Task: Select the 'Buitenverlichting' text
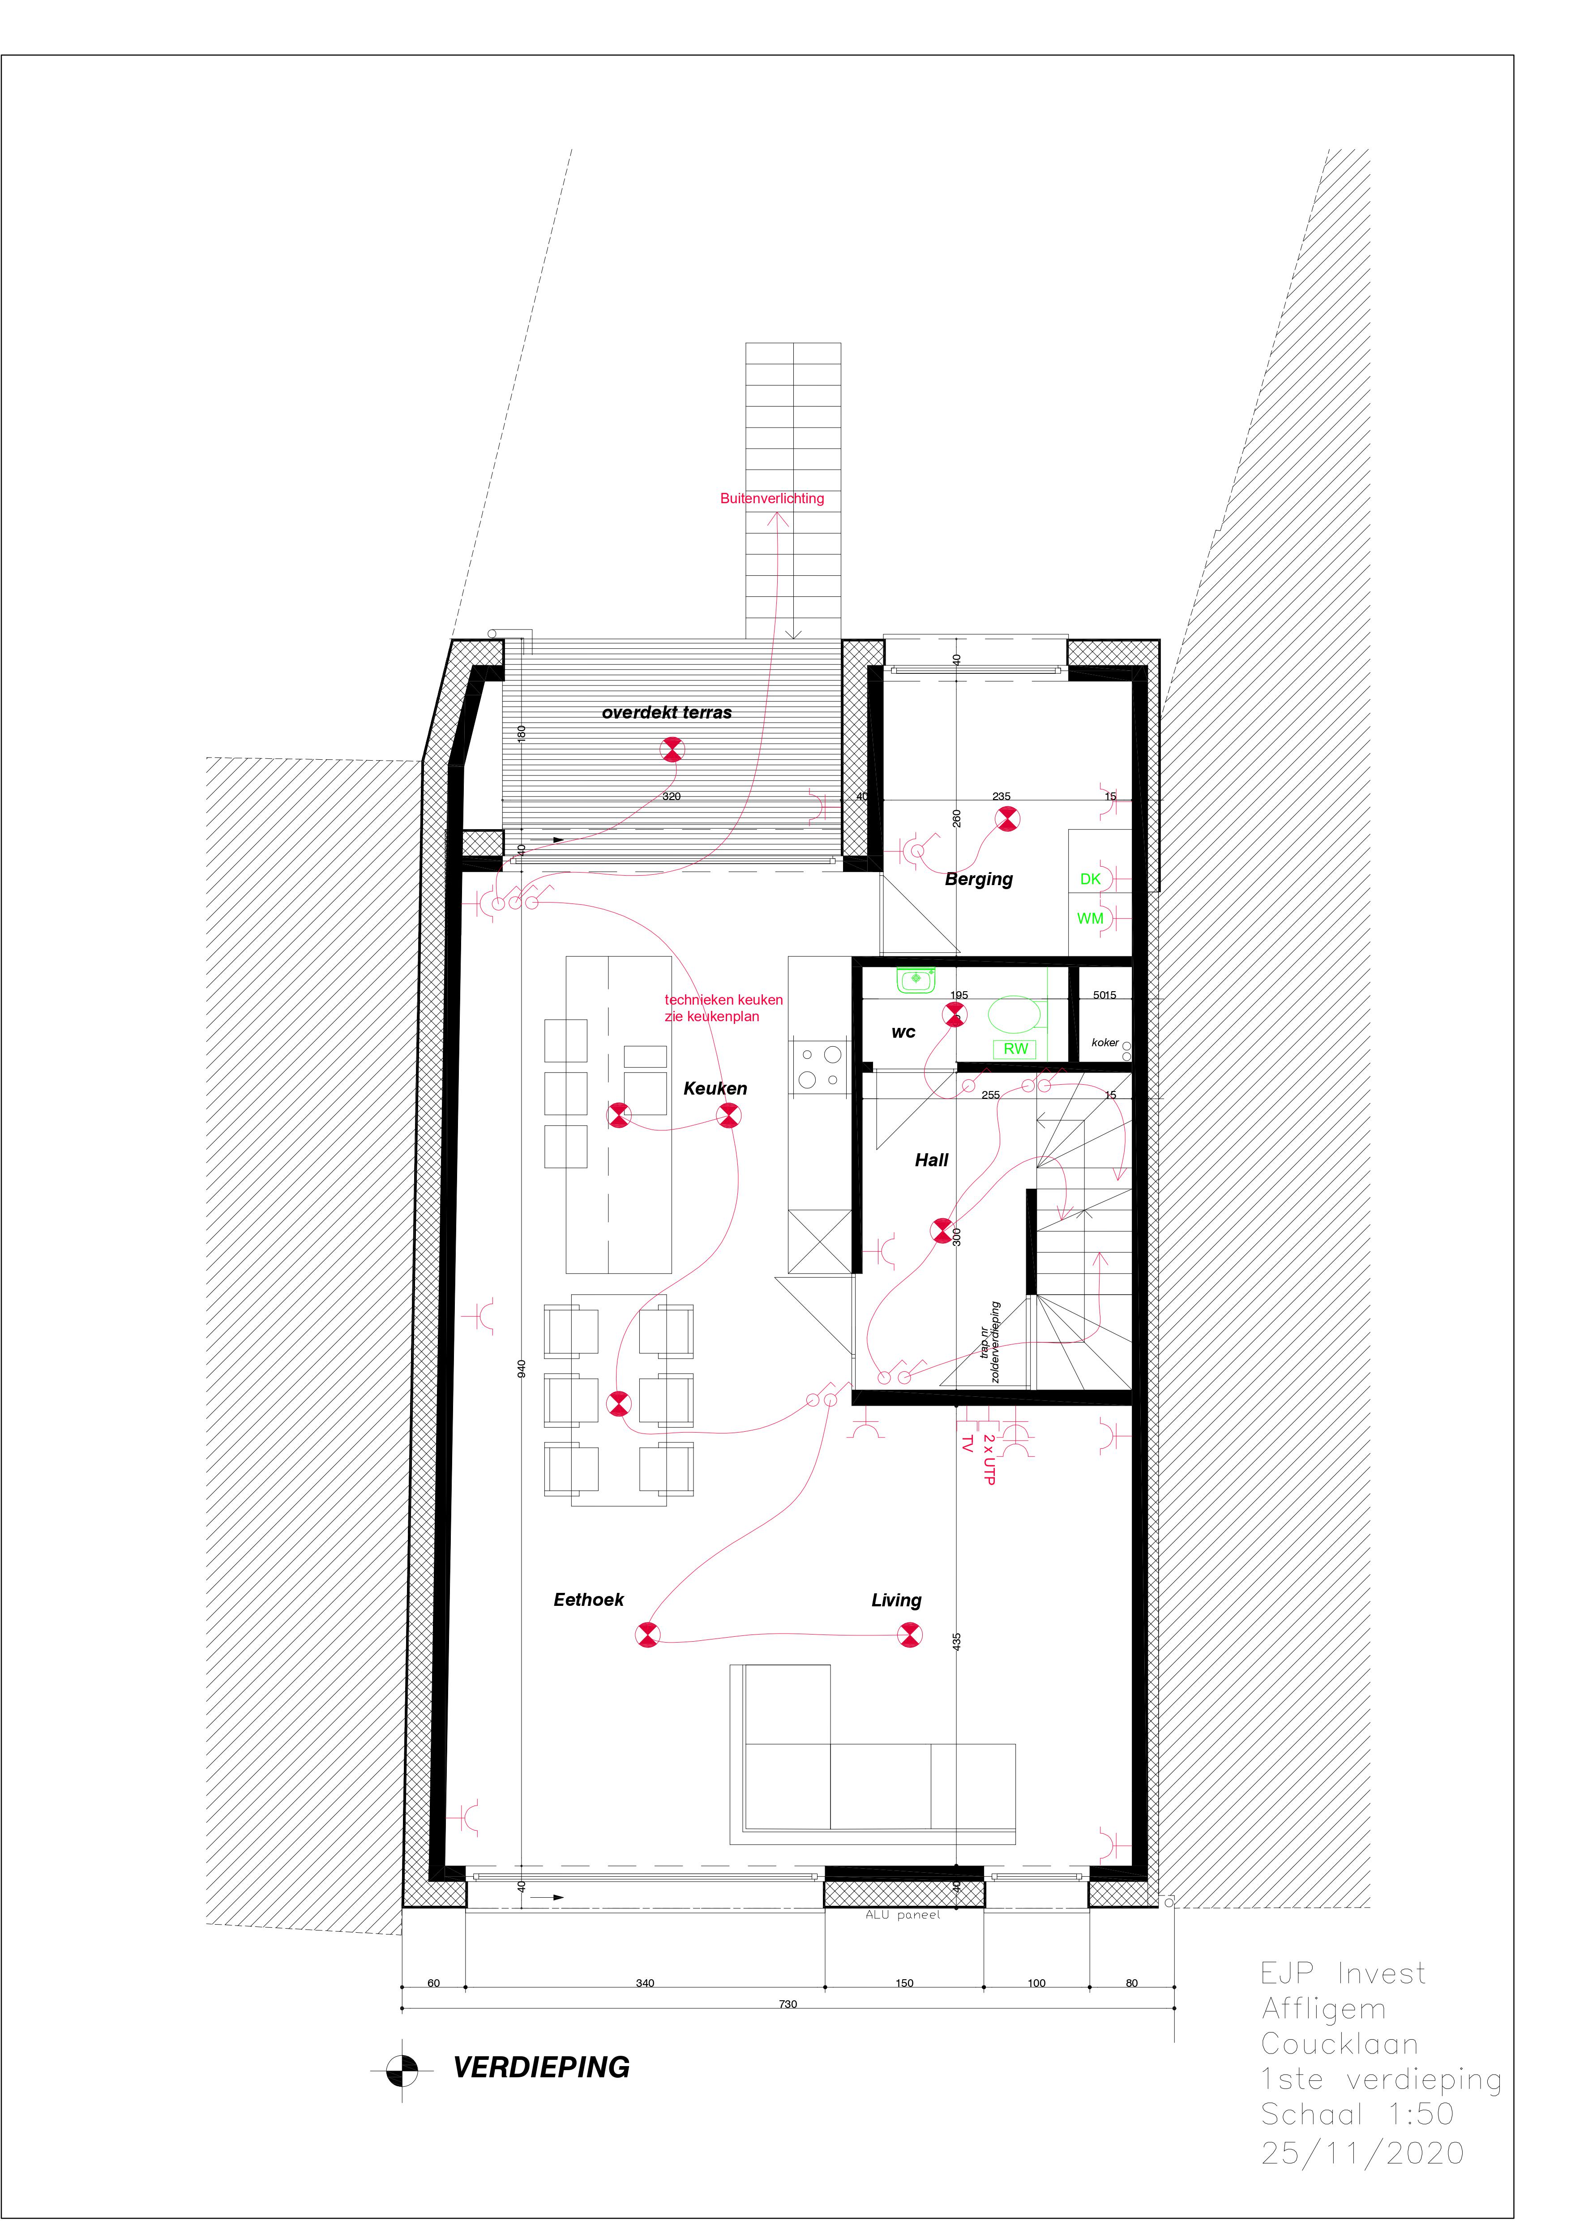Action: [x=772, y=498]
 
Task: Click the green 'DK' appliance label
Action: [x=1090, y=879]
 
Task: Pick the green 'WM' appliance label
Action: [x=1090, y=919]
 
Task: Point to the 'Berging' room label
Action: [x=979, y=879]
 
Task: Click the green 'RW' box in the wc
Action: [x=1015, y=1048]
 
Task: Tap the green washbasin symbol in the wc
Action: [x=916, y=981]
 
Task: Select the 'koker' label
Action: [x=1105, y=1043]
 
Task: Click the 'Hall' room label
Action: [x=932, y=1160]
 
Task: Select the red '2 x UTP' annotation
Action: [x=988, y=1460]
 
